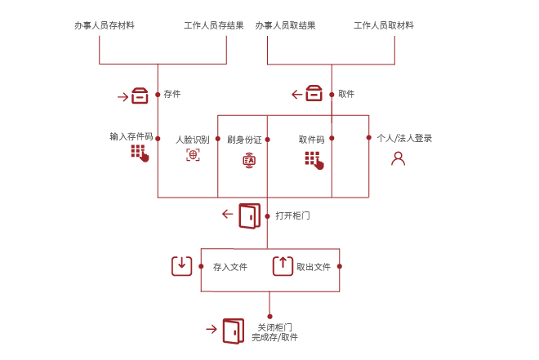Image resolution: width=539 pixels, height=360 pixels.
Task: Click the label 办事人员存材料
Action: point(105,26)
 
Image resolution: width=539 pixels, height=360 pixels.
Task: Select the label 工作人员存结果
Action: point(215,26)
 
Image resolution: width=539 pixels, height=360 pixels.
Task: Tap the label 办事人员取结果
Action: point(285,26)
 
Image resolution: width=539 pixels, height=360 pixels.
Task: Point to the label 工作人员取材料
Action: point(384,26)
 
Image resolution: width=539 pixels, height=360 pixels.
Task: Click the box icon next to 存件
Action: point(140,96)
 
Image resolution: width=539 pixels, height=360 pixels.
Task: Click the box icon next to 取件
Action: point(314,94)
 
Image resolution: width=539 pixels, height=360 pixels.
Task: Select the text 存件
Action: point(172,94)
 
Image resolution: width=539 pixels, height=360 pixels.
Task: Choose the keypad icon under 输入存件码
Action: point(139,153)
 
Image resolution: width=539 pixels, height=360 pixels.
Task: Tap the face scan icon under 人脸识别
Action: point(193,155)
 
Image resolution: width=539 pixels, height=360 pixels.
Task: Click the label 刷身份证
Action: point(244,140)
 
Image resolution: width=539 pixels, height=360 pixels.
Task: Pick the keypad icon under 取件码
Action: point(314,159)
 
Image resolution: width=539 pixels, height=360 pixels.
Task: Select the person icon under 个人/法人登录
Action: point(398,158)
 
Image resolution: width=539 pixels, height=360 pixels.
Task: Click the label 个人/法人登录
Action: point(405,139)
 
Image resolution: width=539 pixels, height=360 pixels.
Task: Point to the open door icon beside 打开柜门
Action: point(249,216)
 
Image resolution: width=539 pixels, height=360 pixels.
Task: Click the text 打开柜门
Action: point(292,216)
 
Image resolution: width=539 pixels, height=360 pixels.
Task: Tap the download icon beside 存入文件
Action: point(181,265)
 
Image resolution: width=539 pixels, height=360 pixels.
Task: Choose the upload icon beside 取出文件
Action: point(282,265)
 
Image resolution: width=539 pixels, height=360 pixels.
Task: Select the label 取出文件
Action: point(314,267)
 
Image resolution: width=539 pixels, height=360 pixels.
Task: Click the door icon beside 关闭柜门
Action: point(233,331)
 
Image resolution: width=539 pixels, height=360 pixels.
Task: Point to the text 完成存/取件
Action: point(274,337)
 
